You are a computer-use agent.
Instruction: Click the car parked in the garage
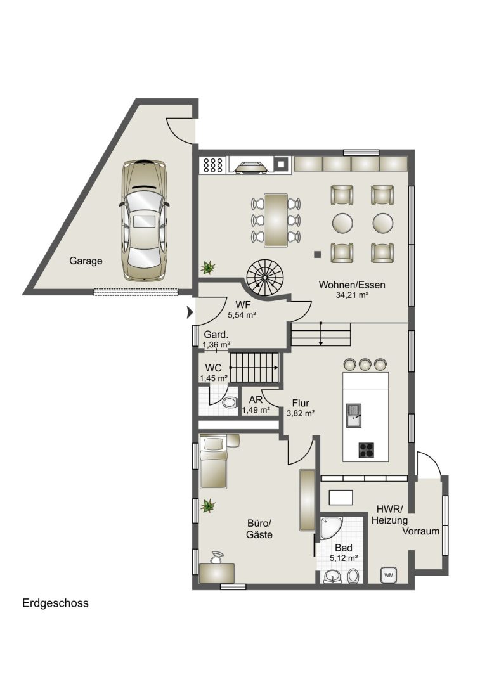click(x=144, y=221)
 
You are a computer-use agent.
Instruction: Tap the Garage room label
click(x=86, y=261)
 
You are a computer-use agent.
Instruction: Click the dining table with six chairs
click(x=276, y=220)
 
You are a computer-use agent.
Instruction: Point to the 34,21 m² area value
click(x=352, y=295)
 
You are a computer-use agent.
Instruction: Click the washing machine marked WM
click(x=389, y=574)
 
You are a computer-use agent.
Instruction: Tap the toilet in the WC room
click(x=229, y=402)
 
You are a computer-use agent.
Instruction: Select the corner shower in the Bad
click(x=330, y=528)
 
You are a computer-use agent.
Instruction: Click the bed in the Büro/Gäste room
click(x=214, y=461)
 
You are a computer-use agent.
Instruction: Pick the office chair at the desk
click(x=216, y=557)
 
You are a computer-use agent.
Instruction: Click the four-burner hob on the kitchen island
click(x=367, y=449)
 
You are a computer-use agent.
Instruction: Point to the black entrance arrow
click(x=190, y=312)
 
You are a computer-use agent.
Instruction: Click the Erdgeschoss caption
click(x=55, y=603)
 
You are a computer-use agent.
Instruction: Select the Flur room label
click(x=301, y=403)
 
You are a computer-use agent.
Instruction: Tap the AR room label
click(x=256, y=400)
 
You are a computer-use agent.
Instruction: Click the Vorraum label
click(x=420, y=531)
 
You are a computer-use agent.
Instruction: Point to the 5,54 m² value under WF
click(x=242, y=314)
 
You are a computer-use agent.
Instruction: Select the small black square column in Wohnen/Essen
click(x=317, y=254)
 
